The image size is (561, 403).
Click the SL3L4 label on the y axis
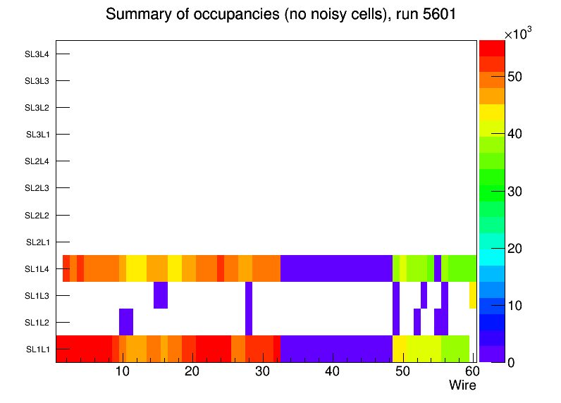tap(37, 54)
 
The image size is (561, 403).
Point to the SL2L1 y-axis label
tap(37, 242)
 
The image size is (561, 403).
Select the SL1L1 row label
tap(37, 349)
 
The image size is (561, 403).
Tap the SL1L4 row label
tap(37, 269)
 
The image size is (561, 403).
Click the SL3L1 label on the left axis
tap(37, 135)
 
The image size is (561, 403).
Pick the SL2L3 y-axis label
tap(37, 188)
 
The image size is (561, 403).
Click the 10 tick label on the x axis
tap(122, 371)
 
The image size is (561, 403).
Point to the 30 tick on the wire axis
tap(262, 371)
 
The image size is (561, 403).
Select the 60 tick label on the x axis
tap(471, 371)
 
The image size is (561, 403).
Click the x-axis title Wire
tap(462, 385)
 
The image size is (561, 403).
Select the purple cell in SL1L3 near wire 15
tap(161, 294)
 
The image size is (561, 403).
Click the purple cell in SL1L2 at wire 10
tap(126, 321)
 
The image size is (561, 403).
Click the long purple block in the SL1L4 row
tap(336, 268)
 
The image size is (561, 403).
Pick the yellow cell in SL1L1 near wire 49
tap(400, 348)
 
